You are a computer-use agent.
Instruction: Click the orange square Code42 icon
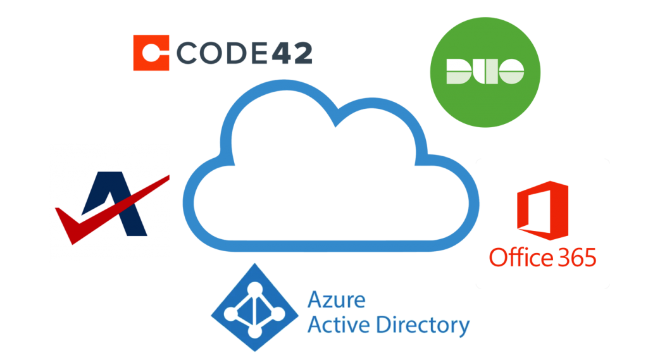tap(151, 53)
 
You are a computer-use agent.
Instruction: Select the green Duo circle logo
tap(485, 71)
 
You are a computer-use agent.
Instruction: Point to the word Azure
tap(336, 299)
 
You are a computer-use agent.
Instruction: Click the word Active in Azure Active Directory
tap(339, 325)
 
